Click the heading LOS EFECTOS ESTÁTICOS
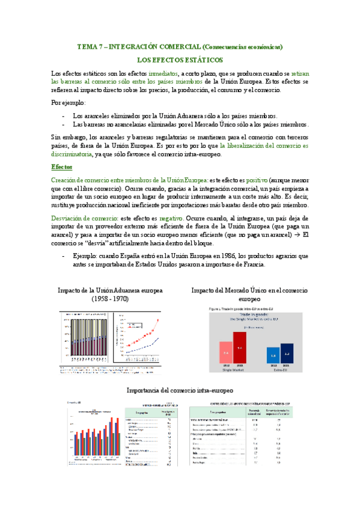[180, 60]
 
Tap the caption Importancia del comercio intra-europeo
[180, 390]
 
